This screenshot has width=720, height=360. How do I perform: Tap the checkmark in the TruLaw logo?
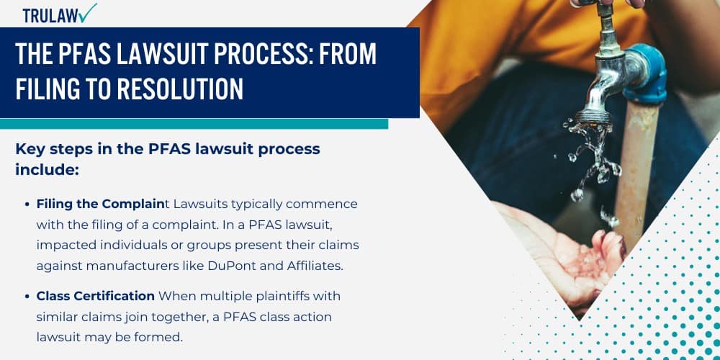[87, 12]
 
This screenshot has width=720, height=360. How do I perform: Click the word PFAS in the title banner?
[78, 55]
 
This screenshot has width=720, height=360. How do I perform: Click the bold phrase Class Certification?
[96, 296]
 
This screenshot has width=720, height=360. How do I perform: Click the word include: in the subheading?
[46, 170]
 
